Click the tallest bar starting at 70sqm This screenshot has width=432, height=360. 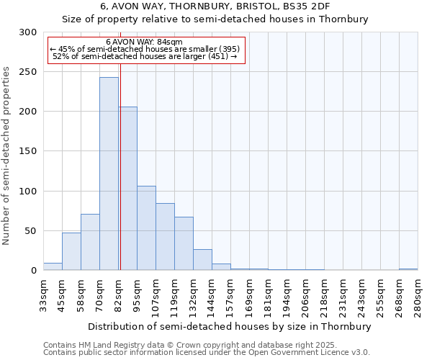pos(109,174)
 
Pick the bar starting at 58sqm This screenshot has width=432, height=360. pos(90,242)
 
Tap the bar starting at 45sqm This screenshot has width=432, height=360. pos(71,251)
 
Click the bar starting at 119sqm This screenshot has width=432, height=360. pos(184,243)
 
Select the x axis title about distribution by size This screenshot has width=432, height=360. pos(230,326)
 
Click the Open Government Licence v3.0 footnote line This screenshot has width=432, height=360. pos(207,352)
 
